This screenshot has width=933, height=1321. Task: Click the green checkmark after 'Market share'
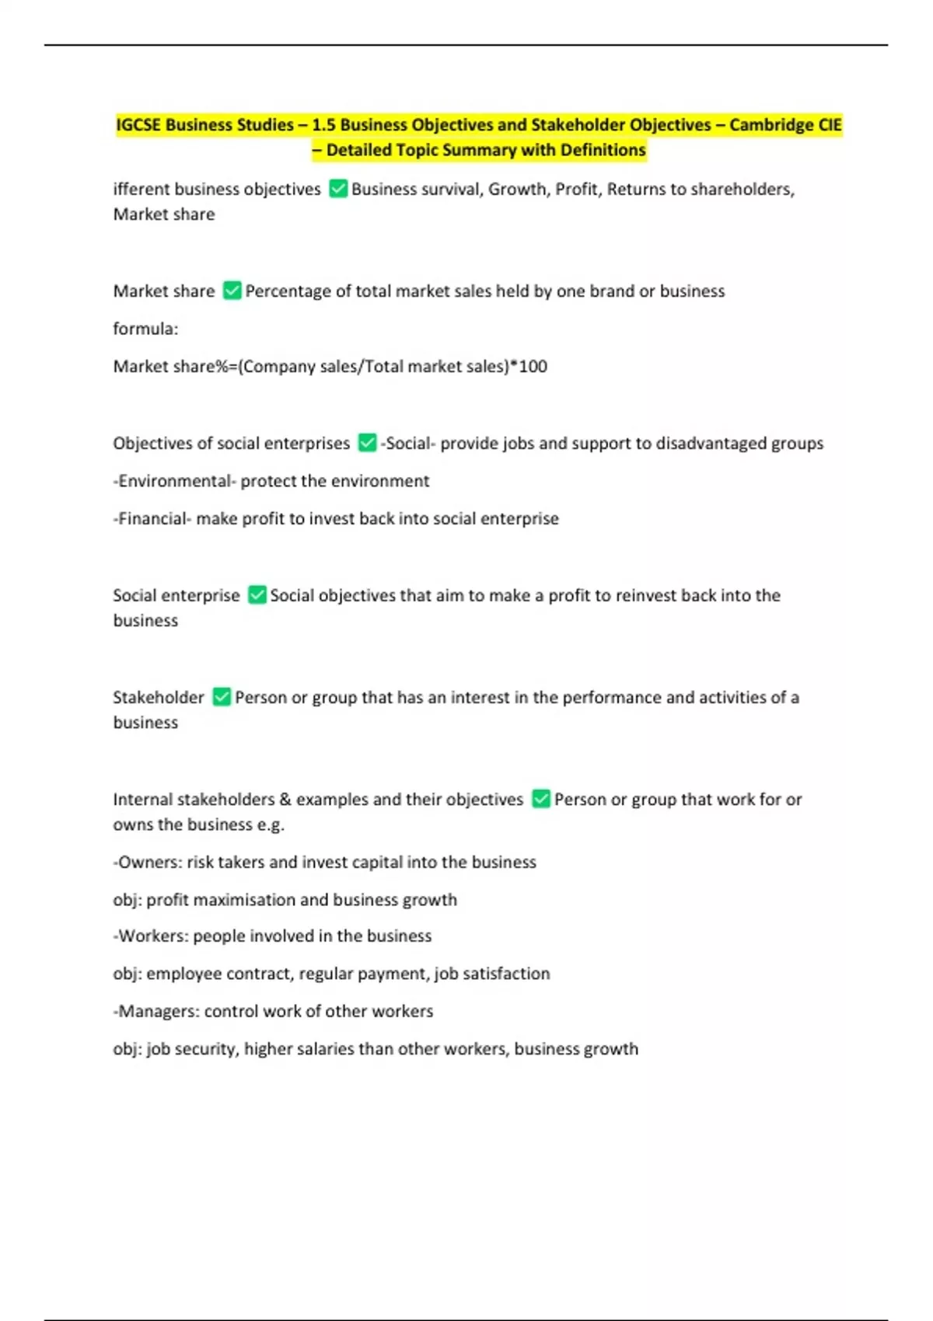click(x=232, y=291)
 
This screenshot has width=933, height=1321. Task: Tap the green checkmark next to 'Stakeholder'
click(x=222, y=697)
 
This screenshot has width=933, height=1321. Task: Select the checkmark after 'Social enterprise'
click(x=257, y=595)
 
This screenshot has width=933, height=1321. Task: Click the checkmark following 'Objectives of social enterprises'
click(x=367, y=443)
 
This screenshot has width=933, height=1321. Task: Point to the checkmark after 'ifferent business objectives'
click(x=338, y=189)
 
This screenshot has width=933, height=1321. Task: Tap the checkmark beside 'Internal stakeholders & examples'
click(x=541, y=799)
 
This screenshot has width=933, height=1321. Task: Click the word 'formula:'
click(x=145, y=329)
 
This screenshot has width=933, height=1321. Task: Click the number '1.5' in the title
click(x=323, y=125)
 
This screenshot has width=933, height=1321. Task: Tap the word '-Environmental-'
click(x=174, y=481)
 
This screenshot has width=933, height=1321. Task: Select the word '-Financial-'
click(x=152, y=518)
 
